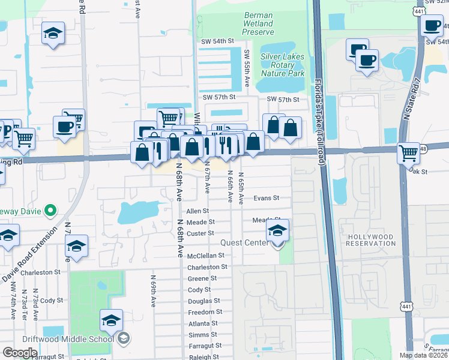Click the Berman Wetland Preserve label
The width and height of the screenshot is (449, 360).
tap(258, 23)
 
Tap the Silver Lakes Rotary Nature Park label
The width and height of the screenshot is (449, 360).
tap(282, 65)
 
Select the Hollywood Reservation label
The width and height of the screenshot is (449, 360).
tap(371, 240)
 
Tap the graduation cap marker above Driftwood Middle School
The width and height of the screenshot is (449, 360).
tap(111, 321)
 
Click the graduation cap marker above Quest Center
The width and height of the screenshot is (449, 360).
tap(277, 230)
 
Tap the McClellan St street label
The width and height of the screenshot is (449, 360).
tap(205, 256)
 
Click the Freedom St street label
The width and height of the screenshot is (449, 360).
tap(205, 312)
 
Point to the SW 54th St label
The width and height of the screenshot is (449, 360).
tap(217, 41)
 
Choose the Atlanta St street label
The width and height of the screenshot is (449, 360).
tap(203, 323)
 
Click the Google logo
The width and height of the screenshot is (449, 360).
tap(19, 353)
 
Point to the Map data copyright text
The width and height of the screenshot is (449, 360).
tap(423, 356)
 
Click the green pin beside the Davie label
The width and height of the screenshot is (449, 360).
tap(50, 211)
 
